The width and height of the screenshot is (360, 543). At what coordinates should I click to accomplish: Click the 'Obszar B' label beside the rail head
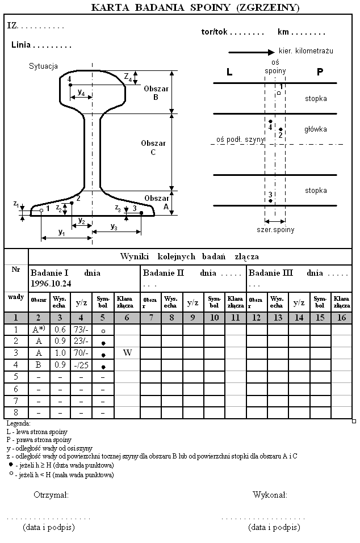coord(155,93)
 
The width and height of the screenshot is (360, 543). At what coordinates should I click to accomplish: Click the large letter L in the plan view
coord(229,73)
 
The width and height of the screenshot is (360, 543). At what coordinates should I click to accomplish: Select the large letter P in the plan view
coord(320,73)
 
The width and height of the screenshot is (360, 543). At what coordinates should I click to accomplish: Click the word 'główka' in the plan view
coord(315,129)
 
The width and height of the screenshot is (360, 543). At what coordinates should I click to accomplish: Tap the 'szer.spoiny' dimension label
coord(275,230)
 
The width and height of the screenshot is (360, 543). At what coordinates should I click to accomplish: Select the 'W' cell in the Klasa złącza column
coord(127,353)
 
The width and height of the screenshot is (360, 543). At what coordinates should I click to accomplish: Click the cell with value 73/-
coord(81,330)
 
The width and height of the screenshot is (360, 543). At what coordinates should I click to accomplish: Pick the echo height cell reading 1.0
coord(60,353)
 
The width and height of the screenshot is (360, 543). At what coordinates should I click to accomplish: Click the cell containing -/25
coord(81,365)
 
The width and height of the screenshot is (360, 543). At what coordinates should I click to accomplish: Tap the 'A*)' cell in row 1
coord(39,330)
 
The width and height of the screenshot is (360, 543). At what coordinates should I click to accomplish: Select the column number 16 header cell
coord(341,318)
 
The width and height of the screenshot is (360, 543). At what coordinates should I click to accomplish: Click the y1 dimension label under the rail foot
coord(61,233)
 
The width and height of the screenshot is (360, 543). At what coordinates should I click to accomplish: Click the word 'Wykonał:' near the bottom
coord(270,495)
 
